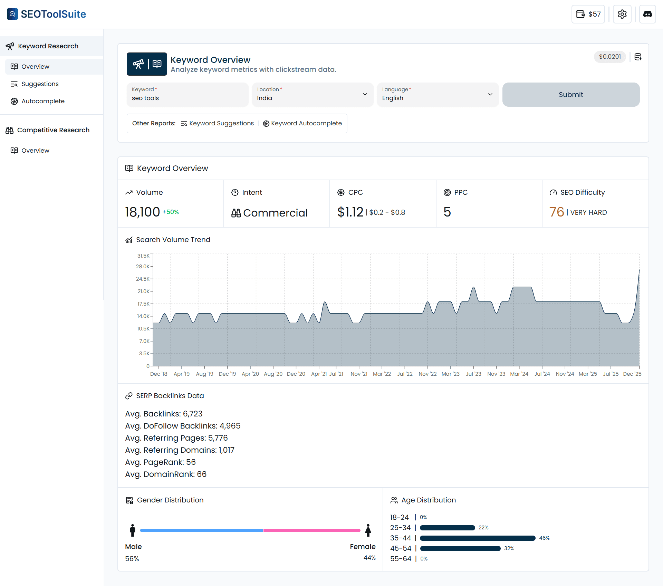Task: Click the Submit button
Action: click(570, 95)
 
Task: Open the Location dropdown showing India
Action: click(312, 95)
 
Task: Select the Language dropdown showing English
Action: click(437, 95)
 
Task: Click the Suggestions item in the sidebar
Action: click(40, 84)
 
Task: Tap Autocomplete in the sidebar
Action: click(43, 101)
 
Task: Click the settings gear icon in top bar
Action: click(622, 14)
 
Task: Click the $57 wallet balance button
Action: click(588, 14)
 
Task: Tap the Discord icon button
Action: click(647, 14)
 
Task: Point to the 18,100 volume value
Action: click(142, 212)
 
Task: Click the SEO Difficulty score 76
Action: click(556, 212)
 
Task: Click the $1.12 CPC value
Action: click(350, 212)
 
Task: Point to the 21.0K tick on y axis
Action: click(143, 291)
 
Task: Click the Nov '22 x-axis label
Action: click(427, 374)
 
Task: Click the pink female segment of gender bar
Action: click(311, 530)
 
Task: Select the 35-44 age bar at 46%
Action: click(477, 538)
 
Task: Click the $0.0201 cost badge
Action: click(609, 57)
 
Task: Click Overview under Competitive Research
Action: click(35, 151)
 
